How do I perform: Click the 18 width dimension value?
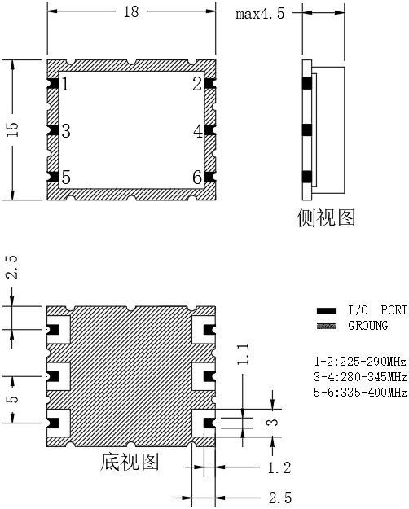tap(131, 11)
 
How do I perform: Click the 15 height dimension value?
tap(13, 129)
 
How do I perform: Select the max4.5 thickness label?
tap(260, 14)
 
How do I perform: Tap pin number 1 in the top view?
tap(65, 84)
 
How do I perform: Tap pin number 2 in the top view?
tap(197, 84)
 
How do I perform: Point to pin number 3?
tap(66, 131)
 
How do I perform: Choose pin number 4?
tap(198, 131)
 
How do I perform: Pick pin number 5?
tap(66, 178)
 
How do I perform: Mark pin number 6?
tap(197, 178)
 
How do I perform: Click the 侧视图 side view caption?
tap(326, 217)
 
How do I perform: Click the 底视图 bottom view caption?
tap(130, 462)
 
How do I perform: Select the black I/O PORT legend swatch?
tap(327, 310)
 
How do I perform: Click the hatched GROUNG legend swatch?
tap(327, 326)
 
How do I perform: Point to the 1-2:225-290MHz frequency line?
tap(360, 361)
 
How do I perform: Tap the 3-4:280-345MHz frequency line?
tap(360, 377)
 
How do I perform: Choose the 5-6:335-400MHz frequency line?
tap(360, 393)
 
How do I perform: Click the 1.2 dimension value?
tap(279, 467)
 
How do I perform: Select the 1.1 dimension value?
tap(243, 353)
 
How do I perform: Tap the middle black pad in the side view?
tap(307, 130)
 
